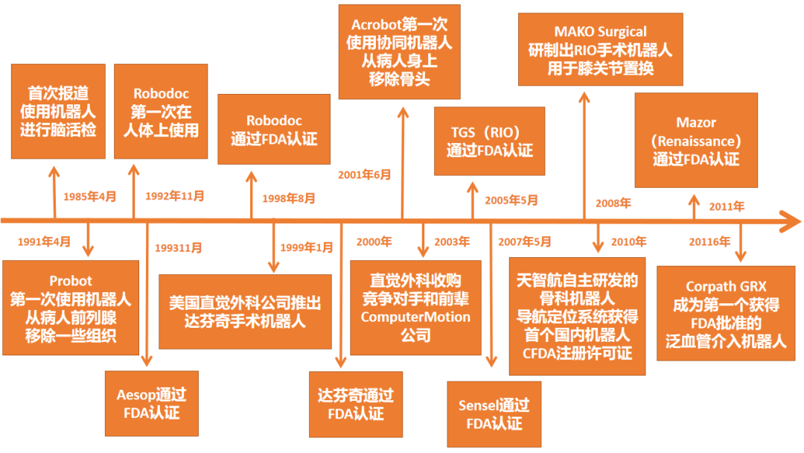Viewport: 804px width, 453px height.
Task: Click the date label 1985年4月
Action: click(x=90, y=197)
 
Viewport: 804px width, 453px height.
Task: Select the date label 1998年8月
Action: click(x=288, y=198)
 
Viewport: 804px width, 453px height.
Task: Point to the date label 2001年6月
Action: click(x=365, y=174)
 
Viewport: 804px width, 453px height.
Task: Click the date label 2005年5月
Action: click(x=511, y=200)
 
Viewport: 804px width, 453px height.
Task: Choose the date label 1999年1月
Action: click(x=307, y=247)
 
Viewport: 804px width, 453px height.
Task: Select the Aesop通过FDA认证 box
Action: click(x=151, y=403)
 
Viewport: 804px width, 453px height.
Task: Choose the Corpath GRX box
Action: click(x=726, y=314)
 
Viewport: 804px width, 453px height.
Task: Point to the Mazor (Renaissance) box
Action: click(x=696, y=141)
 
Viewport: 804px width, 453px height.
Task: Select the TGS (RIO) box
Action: click(x=489, y=141)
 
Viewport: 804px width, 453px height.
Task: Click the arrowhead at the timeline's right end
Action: click(x=789, y=221)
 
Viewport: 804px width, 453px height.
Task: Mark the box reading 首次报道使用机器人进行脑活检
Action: click(x=58, y=111)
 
